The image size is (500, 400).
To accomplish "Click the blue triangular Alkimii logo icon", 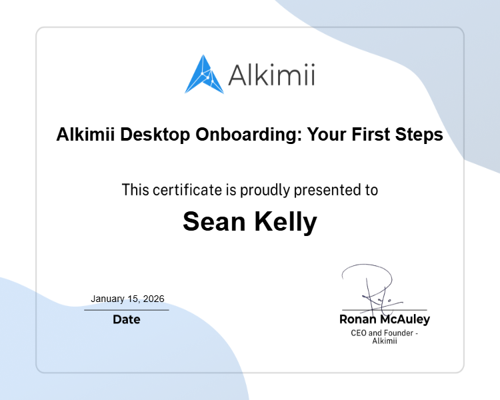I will point(204,75).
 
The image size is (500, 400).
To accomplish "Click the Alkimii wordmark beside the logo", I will point(271,75).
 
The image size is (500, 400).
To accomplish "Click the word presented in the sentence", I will point(329,190).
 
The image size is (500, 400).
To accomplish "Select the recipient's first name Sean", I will point(213,222).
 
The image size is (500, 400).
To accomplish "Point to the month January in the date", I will point(108,299).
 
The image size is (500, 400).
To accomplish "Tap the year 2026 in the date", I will point(153,299).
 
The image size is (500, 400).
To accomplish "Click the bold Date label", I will point(127,320).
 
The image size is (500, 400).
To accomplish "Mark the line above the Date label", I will point(127,310).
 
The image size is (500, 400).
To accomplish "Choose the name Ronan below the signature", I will point(358,320).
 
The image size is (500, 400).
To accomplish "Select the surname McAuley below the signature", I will point(405,320).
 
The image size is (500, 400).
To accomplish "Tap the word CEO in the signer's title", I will point(359,333).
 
